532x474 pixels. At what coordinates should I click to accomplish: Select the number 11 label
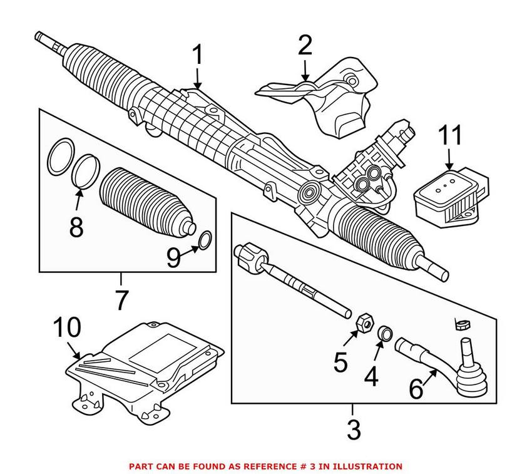[x=449, y=135]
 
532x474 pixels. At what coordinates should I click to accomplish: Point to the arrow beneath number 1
[x=197, y=81]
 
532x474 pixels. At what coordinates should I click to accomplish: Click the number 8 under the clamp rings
[x=76, y=227]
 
